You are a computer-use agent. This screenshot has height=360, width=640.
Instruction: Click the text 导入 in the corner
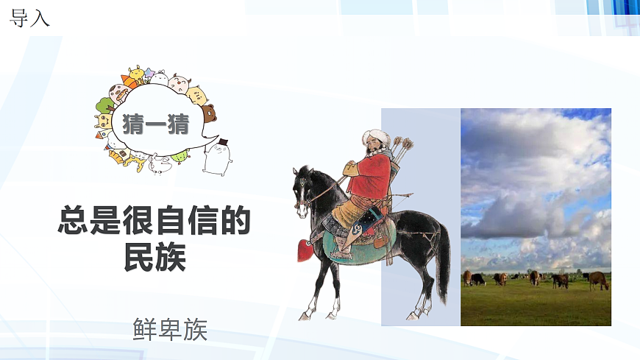coord(29,18)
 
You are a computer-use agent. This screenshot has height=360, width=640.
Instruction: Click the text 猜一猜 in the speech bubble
coord(156,122)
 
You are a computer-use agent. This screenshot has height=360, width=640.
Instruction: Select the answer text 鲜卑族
coord(171,329)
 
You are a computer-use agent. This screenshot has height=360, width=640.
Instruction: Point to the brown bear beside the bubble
coord(209,113)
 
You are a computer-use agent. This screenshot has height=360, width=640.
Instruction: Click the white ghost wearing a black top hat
coord(218,156)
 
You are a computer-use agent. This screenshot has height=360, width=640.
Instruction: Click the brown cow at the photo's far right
coord(599,280)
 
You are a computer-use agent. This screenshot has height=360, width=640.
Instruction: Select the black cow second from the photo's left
coord(478,279)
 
